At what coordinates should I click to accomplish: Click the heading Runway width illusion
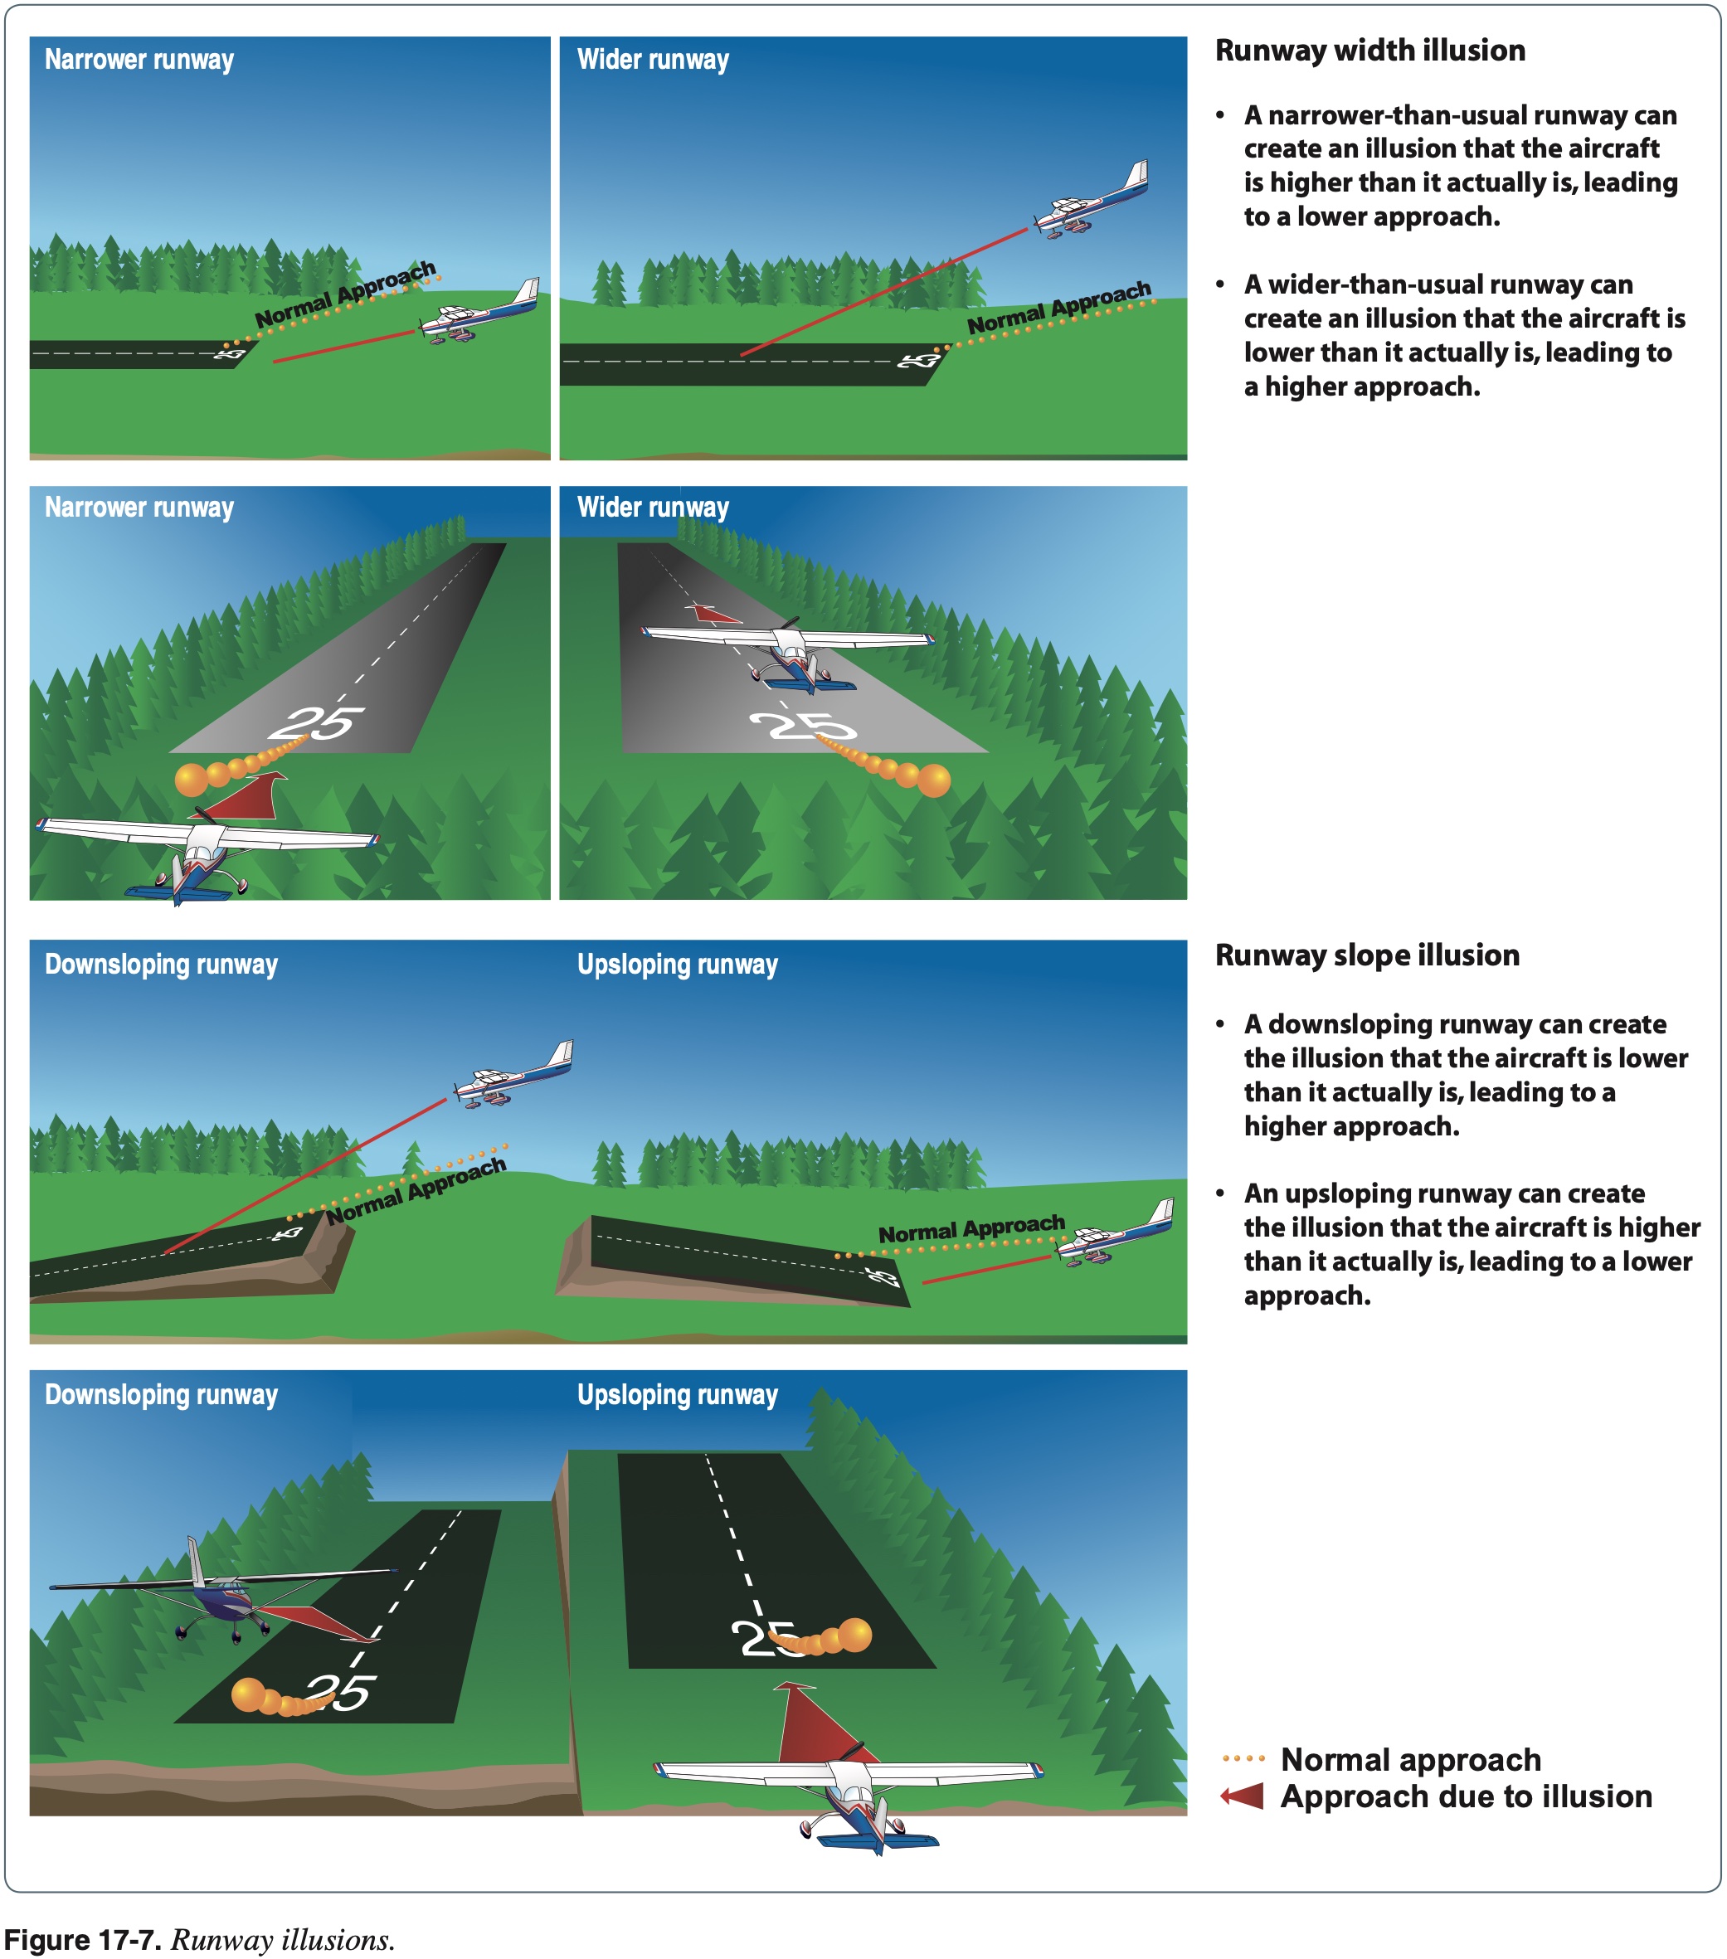(1369, 51)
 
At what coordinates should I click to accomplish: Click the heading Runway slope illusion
(1367, 955)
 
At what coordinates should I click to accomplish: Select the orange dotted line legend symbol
(1243, 1758)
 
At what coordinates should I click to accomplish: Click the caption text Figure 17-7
(81, 1940)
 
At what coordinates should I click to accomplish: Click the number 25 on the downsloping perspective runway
(338, 1693)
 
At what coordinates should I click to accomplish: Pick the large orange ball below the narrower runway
(192, 779)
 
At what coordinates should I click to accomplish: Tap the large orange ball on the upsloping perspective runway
(854, 1634)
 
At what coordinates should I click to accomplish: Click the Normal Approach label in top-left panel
(345, 294)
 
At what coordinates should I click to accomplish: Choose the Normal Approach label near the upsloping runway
(971, 1228)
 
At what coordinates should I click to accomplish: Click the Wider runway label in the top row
(653, 60)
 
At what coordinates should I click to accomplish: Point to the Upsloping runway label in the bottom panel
(677, 1394)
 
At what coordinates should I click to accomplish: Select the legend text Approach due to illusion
(1466, 1796)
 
